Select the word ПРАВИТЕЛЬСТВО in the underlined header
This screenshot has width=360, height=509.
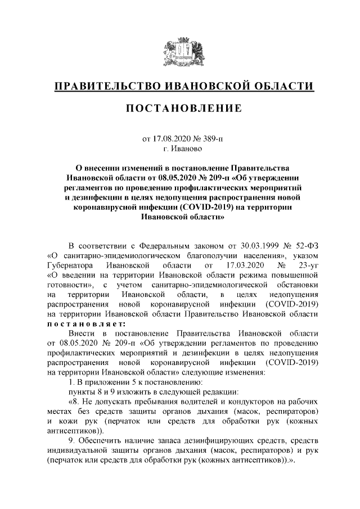coord(107,85)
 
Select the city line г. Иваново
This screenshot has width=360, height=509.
coord(179,149)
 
